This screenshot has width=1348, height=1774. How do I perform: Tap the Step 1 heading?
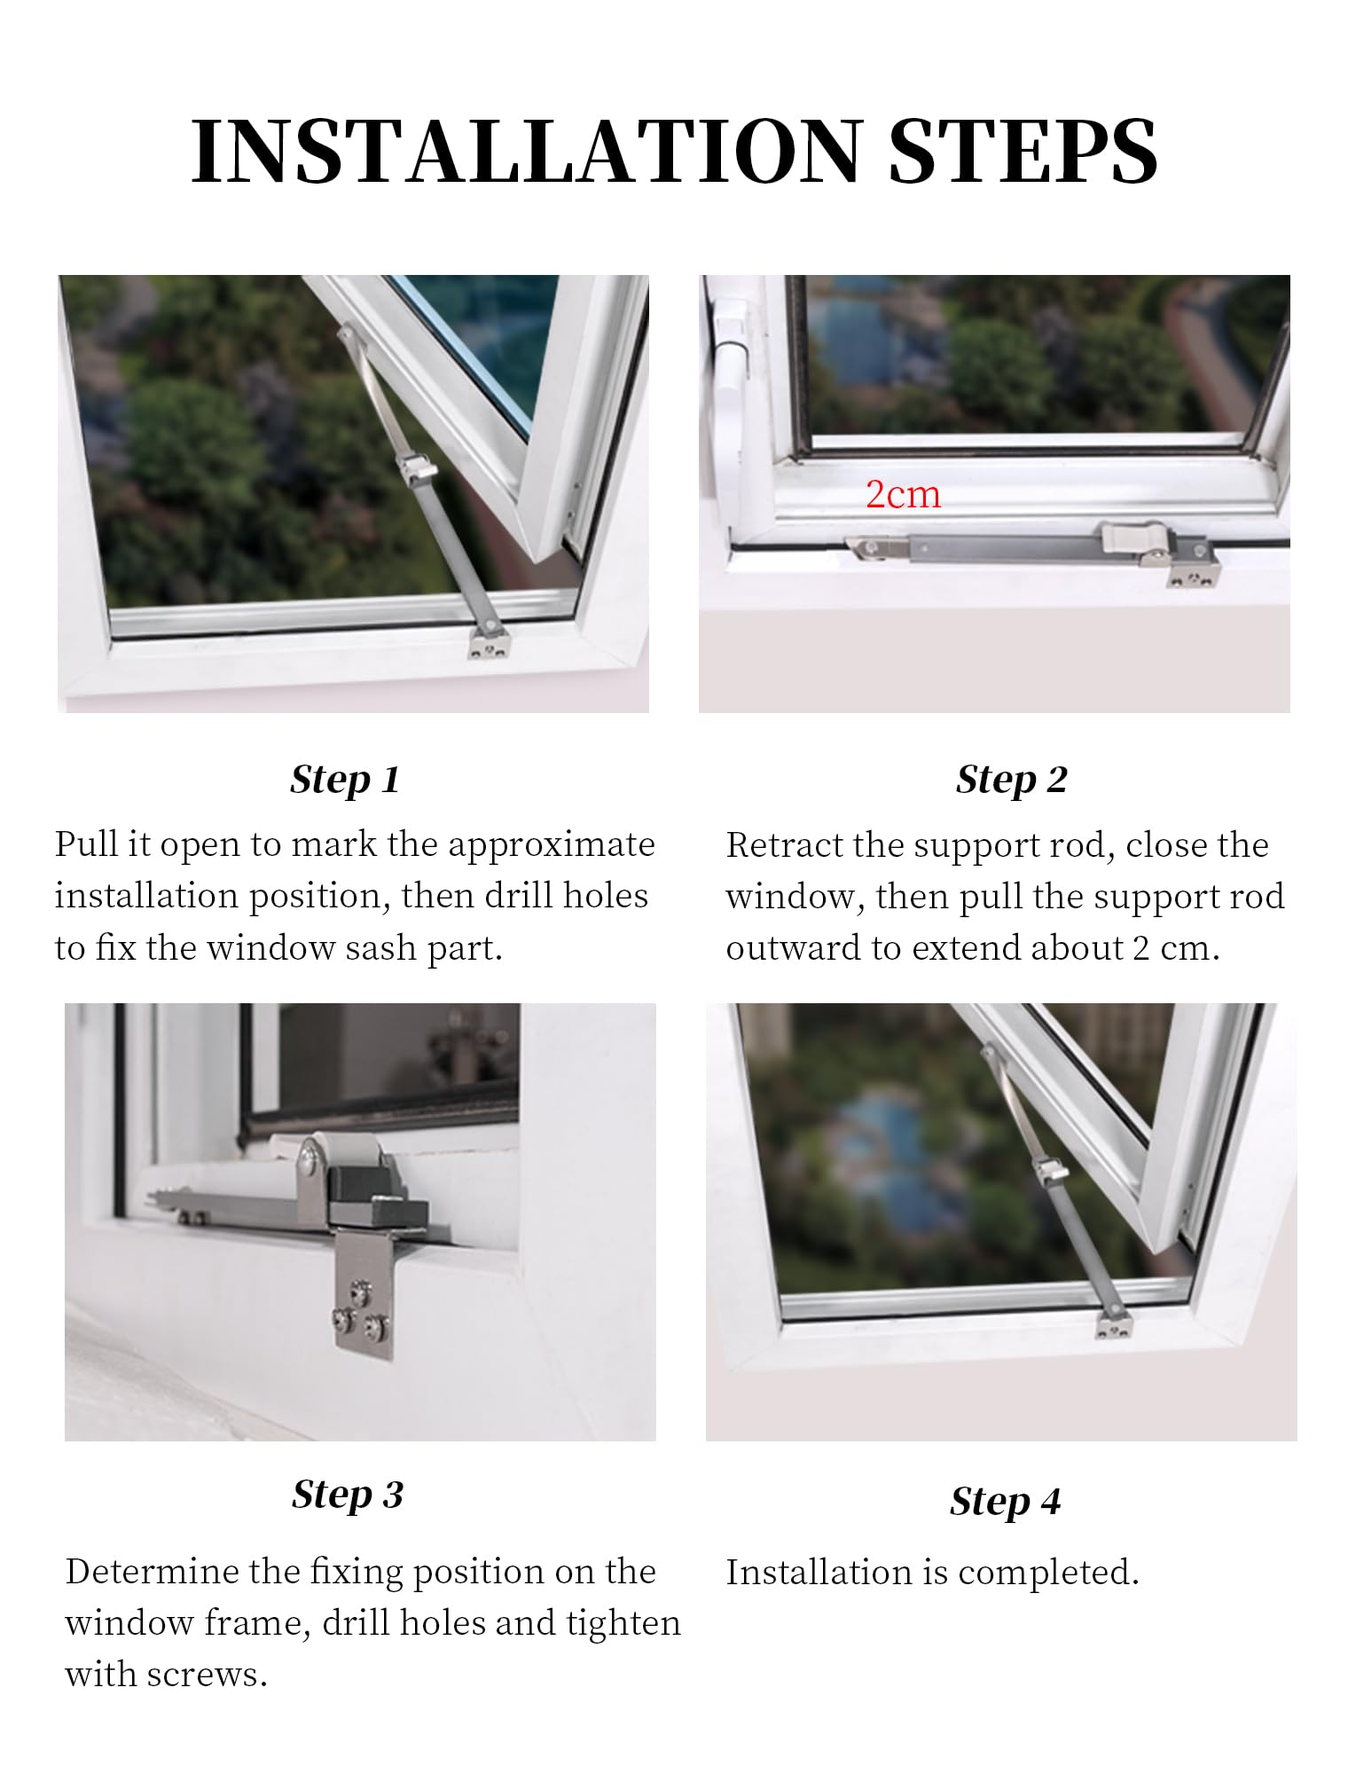345,780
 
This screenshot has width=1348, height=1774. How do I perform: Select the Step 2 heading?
1011,780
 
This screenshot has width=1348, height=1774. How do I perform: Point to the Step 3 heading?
348,1495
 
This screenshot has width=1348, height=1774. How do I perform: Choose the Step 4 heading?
1005,1502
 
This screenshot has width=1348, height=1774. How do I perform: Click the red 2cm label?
903,494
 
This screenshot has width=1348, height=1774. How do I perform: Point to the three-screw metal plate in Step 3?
364,1300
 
